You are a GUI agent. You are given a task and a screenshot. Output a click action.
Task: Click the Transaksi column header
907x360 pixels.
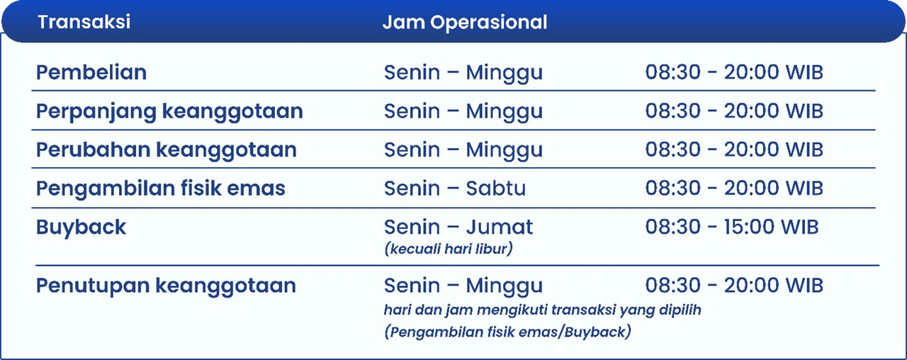[x=84, y=21]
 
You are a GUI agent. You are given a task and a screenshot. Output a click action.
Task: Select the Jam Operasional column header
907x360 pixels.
[x=465, y=23]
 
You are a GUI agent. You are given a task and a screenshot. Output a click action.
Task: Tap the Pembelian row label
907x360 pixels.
[x=91, y=72]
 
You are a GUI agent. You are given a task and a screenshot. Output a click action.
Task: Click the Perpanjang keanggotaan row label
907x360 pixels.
[x=169, y=112]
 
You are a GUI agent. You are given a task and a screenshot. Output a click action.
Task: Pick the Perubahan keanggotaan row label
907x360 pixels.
[x=167, y=150]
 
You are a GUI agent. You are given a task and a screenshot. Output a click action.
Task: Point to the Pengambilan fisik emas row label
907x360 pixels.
[x=161, y=189]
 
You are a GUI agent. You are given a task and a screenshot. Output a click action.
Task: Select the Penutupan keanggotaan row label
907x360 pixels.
[x=166, y=286]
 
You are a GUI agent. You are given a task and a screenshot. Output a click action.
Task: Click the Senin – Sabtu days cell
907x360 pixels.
[x=455, y=189]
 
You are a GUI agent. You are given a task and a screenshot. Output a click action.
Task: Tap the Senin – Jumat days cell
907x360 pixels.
[x=458, y=227]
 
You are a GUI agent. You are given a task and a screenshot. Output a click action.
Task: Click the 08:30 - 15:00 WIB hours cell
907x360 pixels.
[x=732, y=227]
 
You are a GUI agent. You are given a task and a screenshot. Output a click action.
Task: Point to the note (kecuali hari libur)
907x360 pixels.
[x=449, y=249]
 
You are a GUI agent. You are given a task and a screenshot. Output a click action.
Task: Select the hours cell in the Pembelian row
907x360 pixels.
[x=734, y=72]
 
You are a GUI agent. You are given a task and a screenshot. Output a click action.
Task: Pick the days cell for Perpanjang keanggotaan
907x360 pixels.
[x=463, y=112]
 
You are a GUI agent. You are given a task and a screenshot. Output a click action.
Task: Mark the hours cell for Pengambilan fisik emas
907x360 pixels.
[x=734, y=189]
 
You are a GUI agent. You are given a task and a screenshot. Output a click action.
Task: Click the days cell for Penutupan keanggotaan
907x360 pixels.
[x=463, y=286]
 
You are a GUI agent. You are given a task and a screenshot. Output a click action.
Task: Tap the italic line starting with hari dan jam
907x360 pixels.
[x=543, y=310]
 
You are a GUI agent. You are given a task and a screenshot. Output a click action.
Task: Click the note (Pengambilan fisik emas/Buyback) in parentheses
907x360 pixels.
[x=508, y=332]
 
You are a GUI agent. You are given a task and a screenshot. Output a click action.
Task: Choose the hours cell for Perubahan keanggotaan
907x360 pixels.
[x=734, y=150]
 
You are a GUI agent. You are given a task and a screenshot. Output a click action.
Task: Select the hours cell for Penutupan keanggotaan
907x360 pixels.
[x=734, y=286]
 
